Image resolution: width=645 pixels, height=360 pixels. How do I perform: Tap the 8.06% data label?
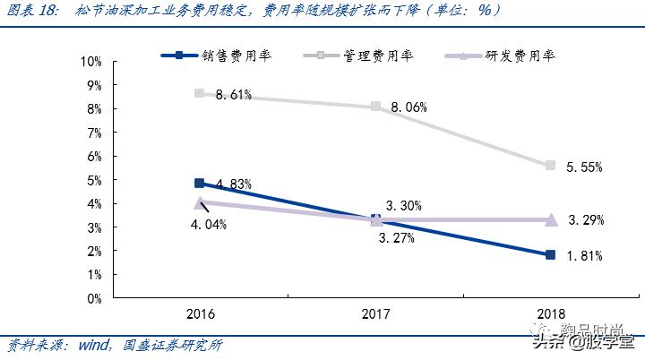408,107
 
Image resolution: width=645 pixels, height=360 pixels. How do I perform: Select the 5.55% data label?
584,167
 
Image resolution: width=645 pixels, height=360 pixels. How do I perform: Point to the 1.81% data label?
584,256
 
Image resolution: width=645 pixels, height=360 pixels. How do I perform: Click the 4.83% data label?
233,184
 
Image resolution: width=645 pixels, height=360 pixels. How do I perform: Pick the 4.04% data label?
209,224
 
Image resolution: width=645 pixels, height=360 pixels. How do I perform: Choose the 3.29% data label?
584,219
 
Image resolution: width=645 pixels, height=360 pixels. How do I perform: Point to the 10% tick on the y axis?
91,62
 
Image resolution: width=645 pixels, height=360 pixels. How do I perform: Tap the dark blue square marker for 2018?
550,255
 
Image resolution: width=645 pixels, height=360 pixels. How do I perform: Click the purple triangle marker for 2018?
550,219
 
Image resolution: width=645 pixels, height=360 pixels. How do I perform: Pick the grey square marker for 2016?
199,93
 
